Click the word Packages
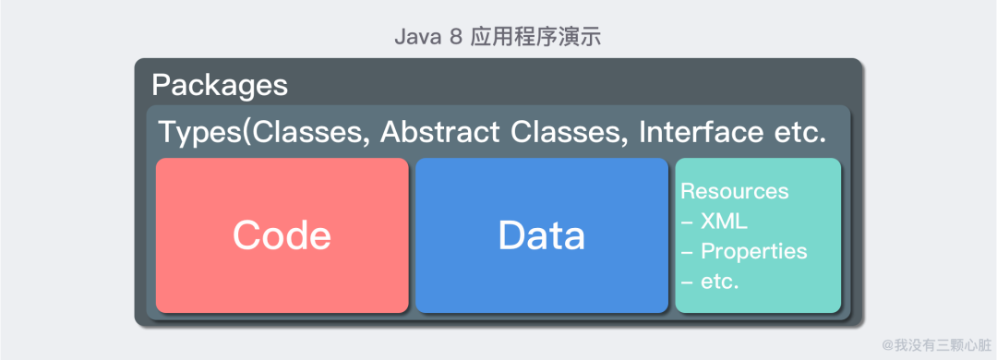pos(220,86)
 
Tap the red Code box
pos(282,235)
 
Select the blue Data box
pos(542,235)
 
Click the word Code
pos(282,235)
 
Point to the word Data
pos(542,235)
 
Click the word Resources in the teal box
pos(735,191)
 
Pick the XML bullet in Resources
pos(714,222)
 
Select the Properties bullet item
pos(744,252)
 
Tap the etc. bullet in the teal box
pos(710,282)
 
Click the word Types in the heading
pos(200,133)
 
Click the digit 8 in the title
pos(455,37)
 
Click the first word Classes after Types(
pos(310,133)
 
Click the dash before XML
pos(687,222)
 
